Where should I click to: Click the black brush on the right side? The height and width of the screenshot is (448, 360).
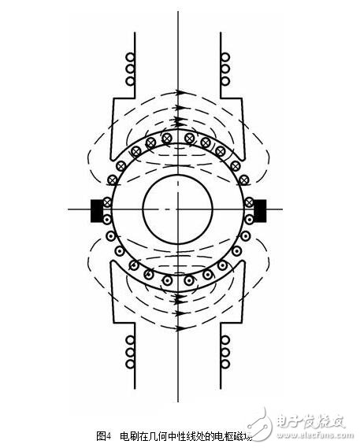click(x=260, y=210)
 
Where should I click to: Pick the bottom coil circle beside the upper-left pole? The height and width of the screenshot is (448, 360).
click(x=132, y=80)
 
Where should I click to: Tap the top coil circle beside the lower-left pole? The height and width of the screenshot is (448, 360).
click(x=132, y=339)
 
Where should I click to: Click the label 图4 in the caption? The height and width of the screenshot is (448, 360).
click(x=103, y=435)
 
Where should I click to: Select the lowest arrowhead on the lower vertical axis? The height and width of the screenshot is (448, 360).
click(x=180, y=324)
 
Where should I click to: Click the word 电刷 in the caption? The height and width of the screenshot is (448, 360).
click(x=126, y=435)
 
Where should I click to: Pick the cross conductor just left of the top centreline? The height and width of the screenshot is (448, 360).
click(x=167, y=135)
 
